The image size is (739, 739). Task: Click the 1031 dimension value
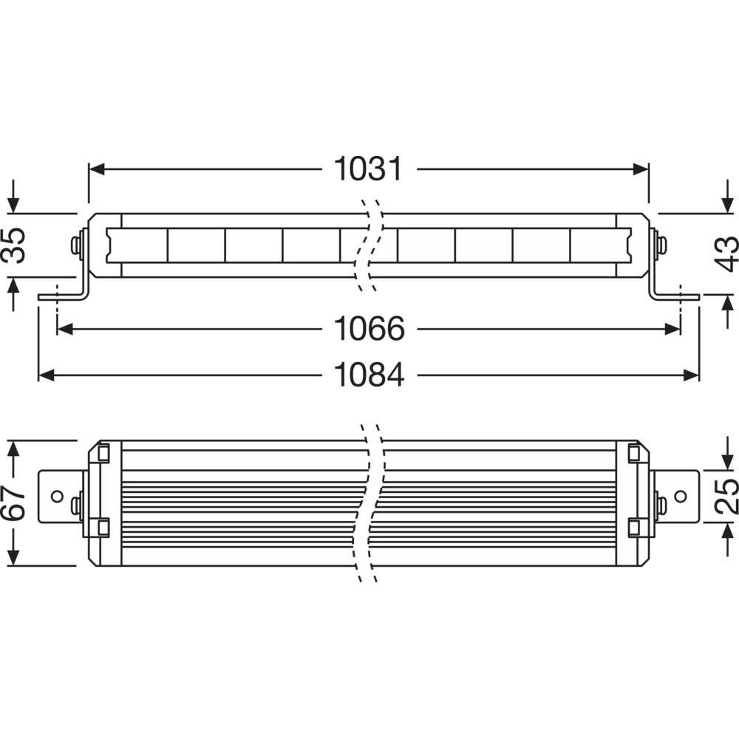click(368, 168)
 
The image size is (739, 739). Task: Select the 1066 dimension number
click(369, 329)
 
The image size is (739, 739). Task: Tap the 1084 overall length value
click(369, 375)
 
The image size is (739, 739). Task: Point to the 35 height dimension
click(13, 245)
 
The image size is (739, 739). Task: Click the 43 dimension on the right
click(726, 253)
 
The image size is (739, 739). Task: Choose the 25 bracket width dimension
click(726, 496)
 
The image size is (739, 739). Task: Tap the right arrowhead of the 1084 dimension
click(691, 375)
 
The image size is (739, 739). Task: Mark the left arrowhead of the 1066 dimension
click(64, 329)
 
